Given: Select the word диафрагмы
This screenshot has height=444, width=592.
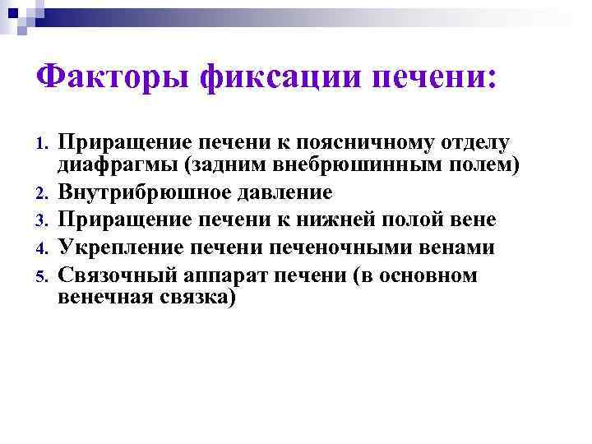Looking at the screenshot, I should coord(117,167).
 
